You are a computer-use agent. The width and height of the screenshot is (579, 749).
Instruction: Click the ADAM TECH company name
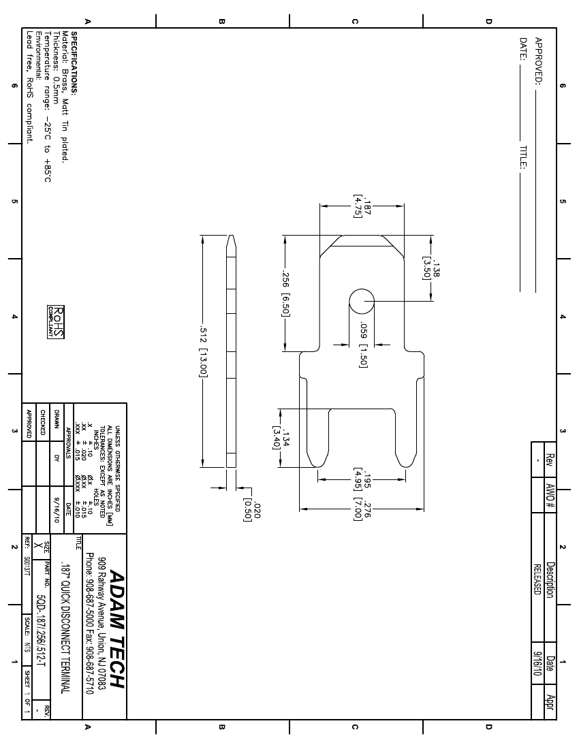coord(118,628)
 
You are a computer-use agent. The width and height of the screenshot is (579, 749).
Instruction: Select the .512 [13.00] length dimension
coord(204,351)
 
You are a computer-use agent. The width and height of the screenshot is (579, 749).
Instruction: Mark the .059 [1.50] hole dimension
coord(362,345)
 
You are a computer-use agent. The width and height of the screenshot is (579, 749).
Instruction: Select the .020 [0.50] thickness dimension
coord(252,510)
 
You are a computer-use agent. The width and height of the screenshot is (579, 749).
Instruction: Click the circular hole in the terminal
coord(362,302)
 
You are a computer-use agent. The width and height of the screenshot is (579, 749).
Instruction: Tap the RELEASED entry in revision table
coord(537,579)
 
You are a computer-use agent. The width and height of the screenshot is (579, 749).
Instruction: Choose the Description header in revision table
coord(550,579)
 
